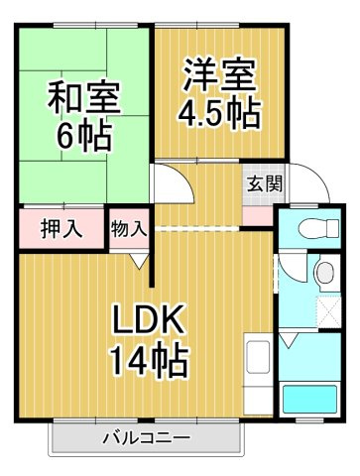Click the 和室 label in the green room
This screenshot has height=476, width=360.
[83, 96]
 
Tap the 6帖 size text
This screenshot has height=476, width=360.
[83, 135]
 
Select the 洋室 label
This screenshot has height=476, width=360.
[220, 75]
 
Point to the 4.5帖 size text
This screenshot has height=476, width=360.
[219, 113]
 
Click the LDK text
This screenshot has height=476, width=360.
[148, 319]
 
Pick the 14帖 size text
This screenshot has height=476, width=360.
[149, 360]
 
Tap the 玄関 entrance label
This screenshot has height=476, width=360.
[265, 183]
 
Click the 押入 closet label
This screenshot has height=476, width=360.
[61, 228]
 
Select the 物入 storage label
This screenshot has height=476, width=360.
[129, 228]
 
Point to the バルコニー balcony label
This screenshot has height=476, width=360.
[147, 438]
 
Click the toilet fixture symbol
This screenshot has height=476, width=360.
[318, 227]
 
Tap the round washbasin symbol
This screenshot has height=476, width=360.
[326, 273]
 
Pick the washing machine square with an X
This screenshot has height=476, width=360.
[329, 311]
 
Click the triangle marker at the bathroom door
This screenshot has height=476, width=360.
[289, 340]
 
